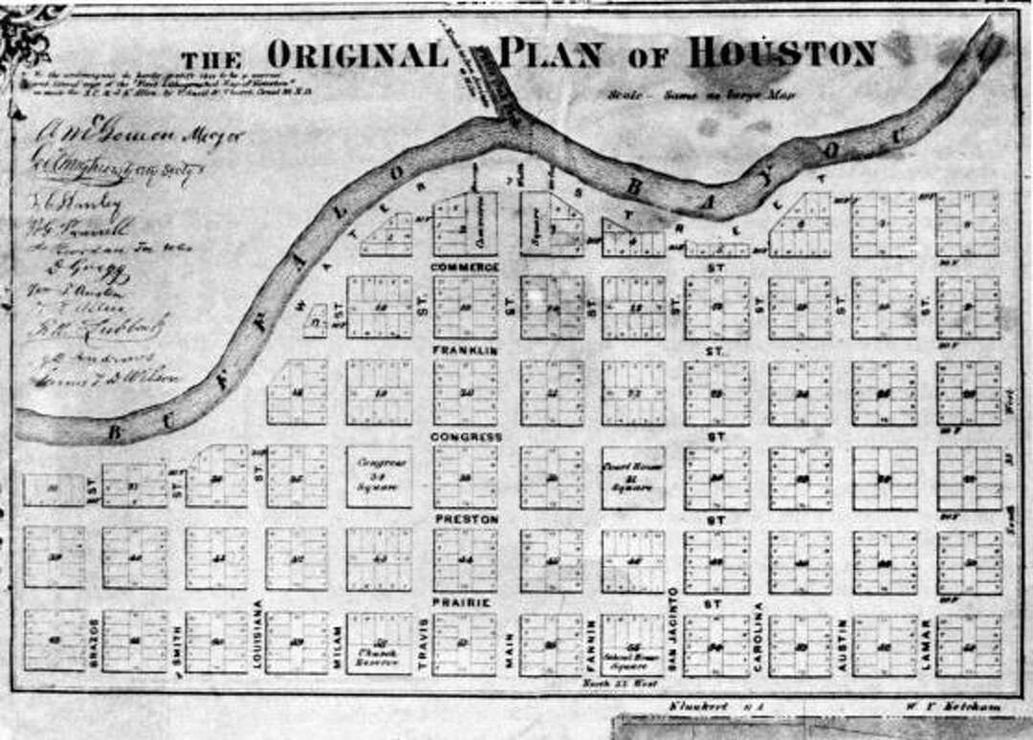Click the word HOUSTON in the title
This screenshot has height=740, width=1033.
tap(781, 53)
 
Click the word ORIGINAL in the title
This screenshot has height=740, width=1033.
tap(357, 54)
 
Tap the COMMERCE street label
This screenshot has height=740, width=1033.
tap(466, 266)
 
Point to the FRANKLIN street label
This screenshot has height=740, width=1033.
tap(466, 351)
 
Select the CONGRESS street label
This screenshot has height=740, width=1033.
tap(467, 437)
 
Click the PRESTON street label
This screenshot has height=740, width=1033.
tap(466, 518)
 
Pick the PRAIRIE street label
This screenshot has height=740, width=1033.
tap(463, 602)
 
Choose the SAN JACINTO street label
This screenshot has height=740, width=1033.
tap(672, 628)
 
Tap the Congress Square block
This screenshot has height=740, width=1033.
tap(379, 476)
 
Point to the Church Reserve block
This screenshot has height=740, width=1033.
tap(379, 645)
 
